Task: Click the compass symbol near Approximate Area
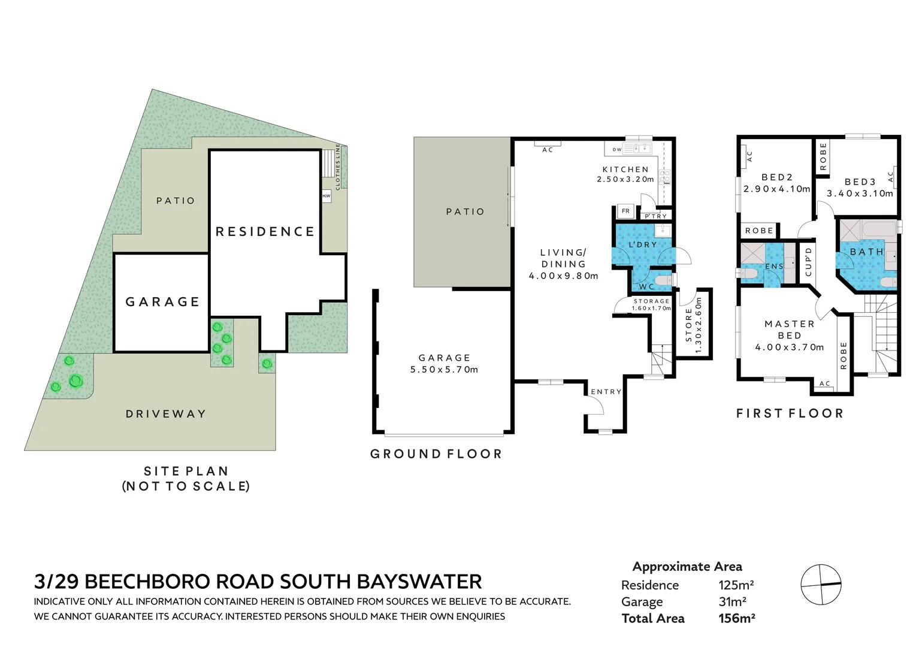[821, 584]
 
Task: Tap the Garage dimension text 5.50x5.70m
[444, 370]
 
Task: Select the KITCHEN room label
[625, 170]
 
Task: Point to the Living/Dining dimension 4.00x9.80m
[563, 276]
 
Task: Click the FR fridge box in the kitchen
[625, 211]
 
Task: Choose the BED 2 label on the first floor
[777, 177]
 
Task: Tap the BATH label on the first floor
[867, 252]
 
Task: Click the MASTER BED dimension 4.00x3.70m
[789, 347]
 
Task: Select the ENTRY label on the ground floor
[606, 392]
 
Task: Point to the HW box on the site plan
[327, 196]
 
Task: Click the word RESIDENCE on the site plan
[265, 232]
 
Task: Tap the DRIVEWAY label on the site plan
[166, 414]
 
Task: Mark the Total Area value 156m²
[736, 619]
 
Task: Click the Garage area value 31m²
[732, 602]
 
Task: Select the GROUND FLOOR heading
[436, 454]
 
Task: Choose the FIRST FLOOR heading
[790, 413]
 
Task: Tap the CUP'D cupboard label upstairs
[808, 262]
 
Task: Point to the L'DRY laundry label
[642, 245]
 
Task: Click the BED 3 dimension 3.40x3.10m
[860, 194]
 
